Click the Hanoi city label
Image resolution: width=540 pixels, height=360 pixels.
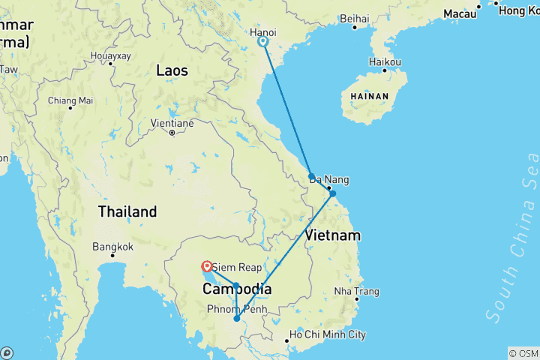click(x=262, y=32)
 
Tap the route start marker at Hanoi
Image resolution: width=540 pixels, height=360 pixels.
click(x=263, y=42)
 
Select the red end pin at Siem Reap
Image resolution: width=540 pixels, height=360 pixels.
click(x=206, y=265)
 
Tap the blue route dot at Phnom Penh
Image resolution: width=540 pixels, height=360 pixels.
click(x=237, y=319)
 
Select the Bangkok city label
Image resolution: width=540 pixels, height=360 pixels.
click(x=112, y=246)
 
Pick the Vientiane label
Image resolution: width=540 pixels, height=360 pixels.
click(x=172, y=123)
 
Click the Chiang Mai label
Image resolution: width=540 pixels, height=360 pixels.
click(x=70, y=100)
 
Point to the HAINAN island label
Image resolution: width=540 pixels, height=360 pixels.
click(x=364, y=96)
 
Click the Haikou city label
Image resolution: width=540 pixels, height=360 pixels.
click(x=385, y=61)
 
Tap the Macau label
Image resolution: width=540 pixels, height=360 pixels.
click(x=459, y=13)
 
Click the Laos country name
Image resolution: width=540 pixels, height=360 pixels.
click(x=172, y=70)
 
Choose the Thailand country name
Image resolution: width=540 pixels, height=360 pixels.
click(x=127, y=211)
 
